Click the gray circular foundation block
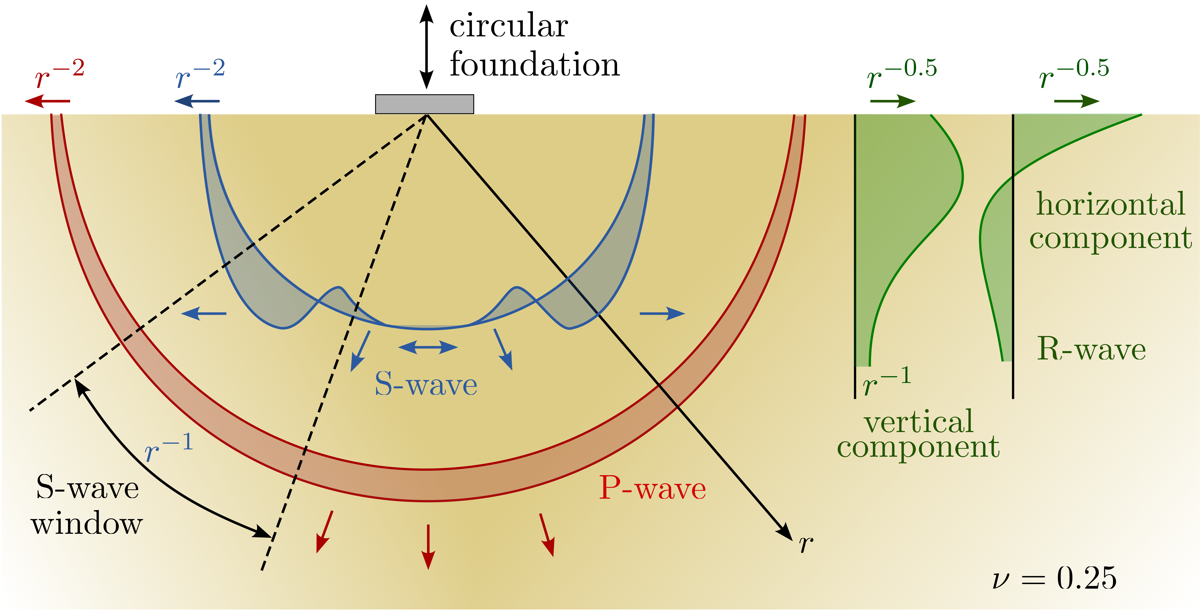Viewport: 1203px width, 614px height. tap(425, 104)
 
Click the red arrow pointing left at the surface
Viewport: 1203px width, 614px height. tap(47, 101)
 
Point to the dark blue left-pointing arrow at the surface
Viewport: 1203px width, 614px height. tap(197, 101)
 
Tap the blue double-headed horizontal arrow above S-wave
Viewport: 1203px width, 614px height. tap(428, 347)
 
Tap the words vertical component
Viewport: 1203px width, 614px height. tap(918, 434)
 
